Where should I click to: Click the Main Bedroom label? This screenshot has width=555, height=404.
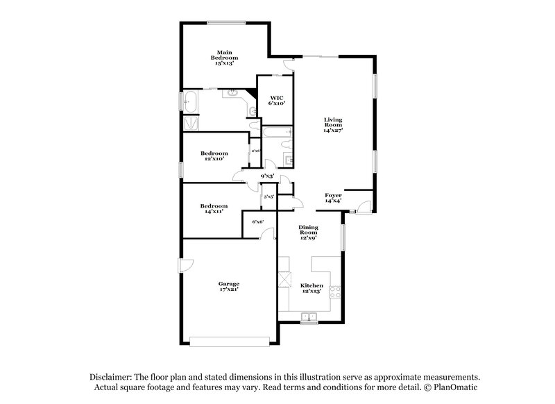coord(223,57)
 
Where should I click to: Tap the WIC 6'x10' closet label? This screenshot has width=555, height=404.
coord(277,99)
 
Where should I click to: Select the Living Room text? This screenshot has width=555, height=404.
coord(333,125)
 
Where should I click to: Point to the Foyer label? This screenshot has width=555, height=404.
coord(333,198)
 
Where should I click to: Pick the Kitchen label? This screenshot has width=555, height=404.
coord(311,288)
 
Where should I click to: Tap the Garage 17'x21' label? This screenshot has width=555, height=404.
coord(229,286)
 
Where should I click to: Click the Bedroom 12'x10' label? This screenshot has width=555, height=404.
coord(214,155)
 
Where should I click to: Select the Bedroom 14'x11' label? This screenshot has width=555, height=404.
coord(214,208)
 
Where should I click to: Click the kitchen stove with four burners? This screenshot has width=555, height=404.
coord(334,291)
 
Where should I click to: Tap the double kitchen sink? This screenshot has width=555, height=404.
coord(309,317)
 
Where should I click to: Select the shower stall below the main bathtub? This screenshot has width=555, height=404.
coord(191,123)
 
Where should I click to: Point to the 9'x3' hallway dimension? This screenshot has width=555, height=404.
coord(268,176)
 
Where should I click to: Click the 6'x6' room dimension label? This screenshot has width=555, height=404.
coord(257,221)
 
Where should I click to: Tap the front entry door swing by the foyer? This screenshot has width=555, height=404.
coord(364,206)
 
